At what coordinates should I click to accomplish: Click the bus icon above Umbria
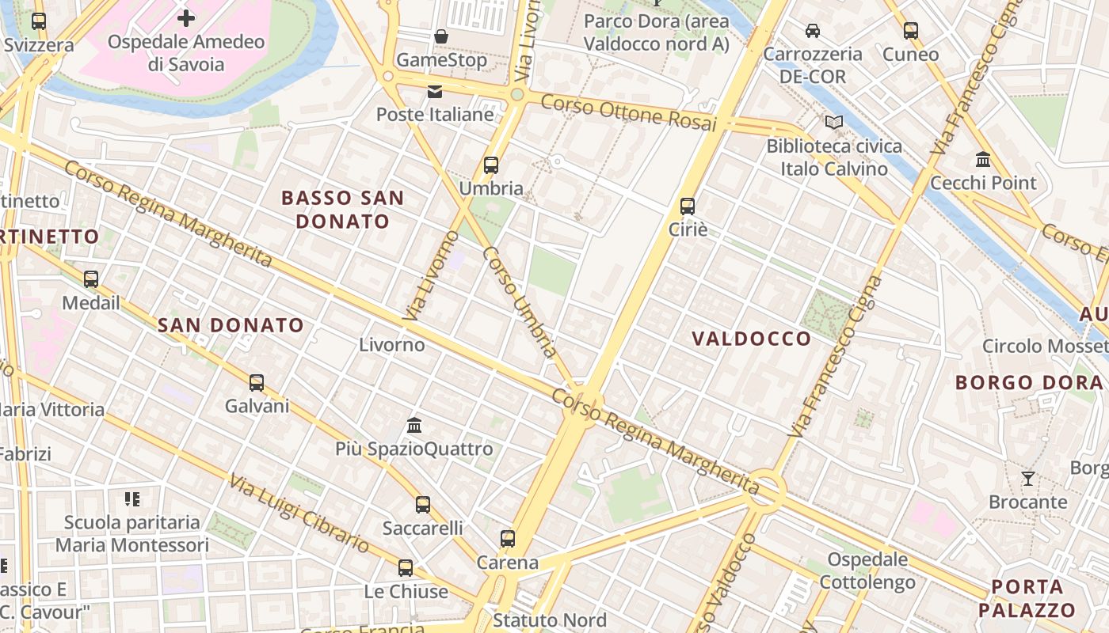pyautogui.click(x=491, y=165)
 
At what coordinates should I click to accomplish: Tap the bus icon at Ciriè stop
pyautogui.click(x=688, y=207)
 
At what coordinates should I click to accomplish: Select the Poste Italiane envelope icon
pyautogui.click(x=435, y=92)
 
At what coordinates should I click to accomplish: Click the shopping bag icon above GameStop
pyautogui.click(x=441, y=36)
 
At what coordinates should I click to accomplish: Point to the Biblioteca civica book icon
pyautogui.click(x=833, y=123)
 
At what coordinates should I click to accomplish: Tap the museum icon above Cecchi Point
pyautogui.click(x=983, y=160)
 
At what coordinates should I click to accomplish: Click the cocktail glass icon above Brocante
pyautogui.click(x=1027, y=478)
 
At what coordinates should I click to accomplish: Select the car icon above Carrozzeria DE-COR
pyautogui.click(x=812, y=31)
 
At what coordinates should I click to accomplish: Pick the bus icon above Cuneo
pyautogui.click(x=911, y=31)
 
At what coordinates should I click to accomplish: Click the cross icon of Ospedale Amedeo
pyautogui.click(x=186, y=17)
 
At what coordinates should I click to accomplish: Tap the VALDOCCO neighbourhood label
pyautogui.click(x=752, y=339)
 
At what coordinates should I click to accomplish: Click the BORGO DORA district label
pyautogui.click(x=1028, y=383)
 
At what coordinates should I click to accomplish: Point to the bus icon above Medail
pyautogui.click(x=91, y=279)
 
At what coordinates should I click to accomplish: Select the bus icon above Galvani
pyautogui.click(x=257, y=383)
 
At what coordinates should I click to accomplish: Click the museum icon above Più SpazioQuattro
pyautogui.click(x=414, y=426)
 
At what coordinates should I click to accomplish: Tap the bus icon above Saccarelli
pyautogui.click(x=423, y=504)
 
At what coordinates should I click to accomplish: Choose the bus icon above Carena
pyautogui.click(x=508, y=539)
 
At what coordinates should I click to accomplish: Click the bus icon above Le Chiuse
pyautogui.click(x=406, y=567)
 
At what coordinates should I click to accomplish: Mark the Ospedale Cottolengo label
pyautogui.click(x=868, y=571)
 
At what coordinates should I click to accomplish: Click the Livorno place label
pyautogui.click(x=392, y=345)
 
